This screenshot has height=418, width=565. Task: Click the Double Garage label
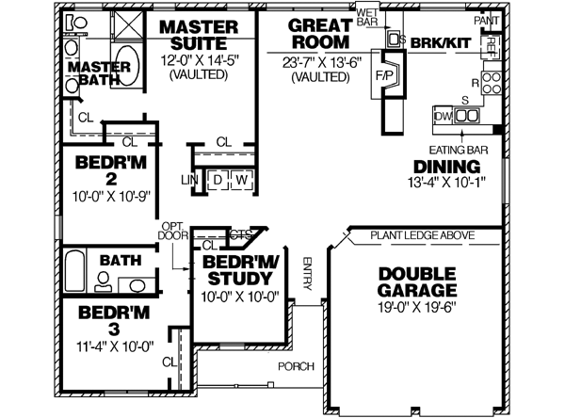(417, 281)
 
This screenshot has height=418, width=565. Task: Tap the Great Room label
(320, 34)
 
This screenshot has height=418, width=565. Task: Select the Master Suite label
(203, 34)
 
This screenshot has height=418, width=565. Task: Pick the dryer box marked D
(217, 179)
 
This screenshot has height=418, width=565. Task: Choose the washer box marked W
(240, 179)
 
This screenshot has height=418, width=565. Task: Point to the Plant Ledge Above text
(422, 235)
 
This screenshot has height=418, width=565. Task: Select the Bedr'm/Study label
(237, 269)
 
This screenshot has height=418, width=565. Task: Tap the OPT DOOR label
(170, 231)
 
